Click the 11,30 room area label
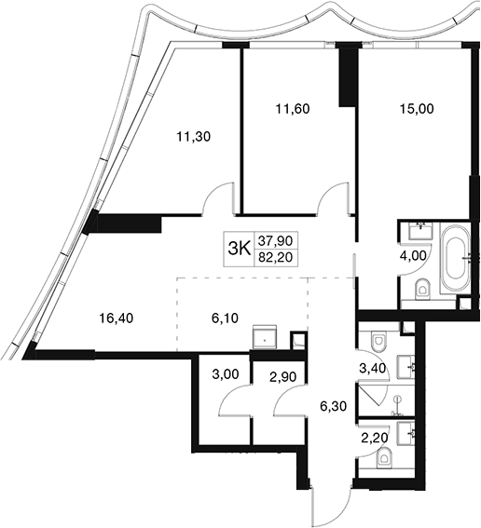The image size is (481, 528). coord(194,137)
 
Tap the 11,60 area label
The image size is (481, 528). coord(293,109)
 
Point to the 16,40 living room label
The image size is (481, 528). coord(117,318)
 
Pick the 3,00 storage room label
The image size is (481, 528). coord(226,373)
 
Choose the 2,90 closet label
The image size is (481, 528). coord(283,377)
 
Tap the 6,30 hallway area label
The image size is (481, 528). coord(333,406)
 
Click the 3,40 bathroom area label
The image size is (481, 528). coord(373,369)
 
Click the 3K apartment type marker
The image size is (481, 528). coord(240,250)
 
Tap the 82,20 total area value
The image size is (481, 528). coord(275,258)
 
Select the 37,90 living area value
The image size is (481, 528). coord(275,241)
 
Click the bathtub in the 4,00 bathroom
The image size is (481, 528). coord(456,258)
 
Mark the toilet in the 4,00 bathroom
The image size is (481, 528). coord(424,290)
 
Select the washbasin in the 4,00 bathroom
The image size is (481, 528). coord(420,231)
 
